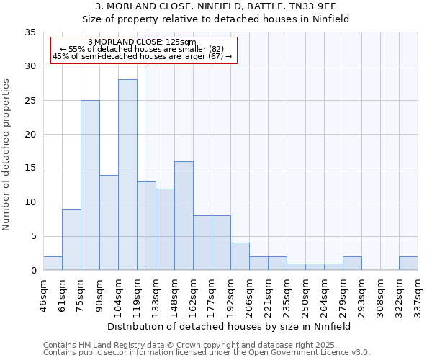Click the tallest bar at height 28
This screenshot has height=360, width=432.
pyautogui.click(x=127, y=175)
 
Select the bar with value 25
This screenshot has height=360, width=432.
pyautogui.click(x=90, y=185)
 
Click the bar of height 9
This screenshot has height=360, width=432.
pyautogui.click(x=71, y=240)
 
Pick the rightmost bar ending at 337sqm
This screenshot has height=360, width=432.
pyautogui.click(x=408, y=264)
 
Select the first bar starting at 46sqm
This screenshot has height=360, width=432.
pyautogui.click(x=53, y=264)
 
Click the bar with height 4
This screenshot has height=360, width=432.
pyautogui.click(x=240, y=256)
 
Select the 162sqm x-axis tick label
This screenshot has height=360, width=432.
pyautogui.click(x=193, y=295)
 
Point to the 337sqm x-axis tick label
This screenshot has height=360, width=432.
pyautogui.click(x=418, y=295)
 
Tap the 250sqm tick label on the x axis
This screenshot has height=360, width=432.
pyautogui.click(x=305, y=295)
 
